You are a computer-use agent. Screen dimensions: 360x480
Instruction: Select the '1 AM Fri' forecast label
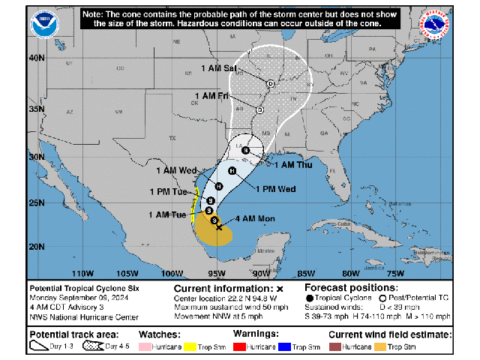[211, 95]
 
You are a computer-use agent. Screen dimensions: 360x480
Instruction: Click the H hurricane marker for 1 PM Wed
[232, 171]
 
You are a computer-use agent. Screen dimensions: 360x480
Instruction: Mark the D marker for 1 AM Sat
[270, 83]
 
